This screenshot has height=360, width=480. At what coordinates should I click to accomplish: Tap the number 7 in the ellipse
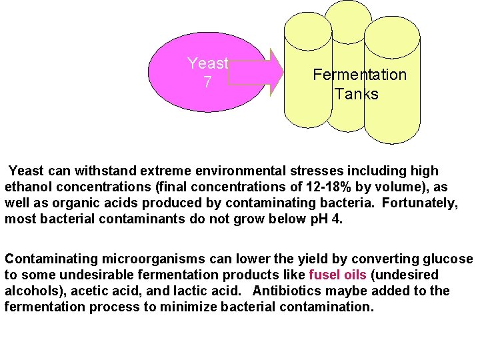[207, 82]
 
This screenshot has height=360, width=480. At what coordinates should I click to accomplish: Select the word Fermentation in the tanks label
[359, 75]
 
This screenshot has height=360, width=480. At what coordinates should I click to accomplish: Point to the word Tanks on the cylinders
[357, 94]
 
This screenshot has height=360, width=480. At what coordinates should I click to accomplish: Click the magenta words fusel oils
[337, 275]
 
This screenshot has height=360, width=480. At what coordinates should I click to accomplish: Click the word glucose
[447, 259]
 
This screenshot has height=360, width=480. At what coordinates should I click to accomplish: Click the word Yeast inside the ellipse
[207, 64]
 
